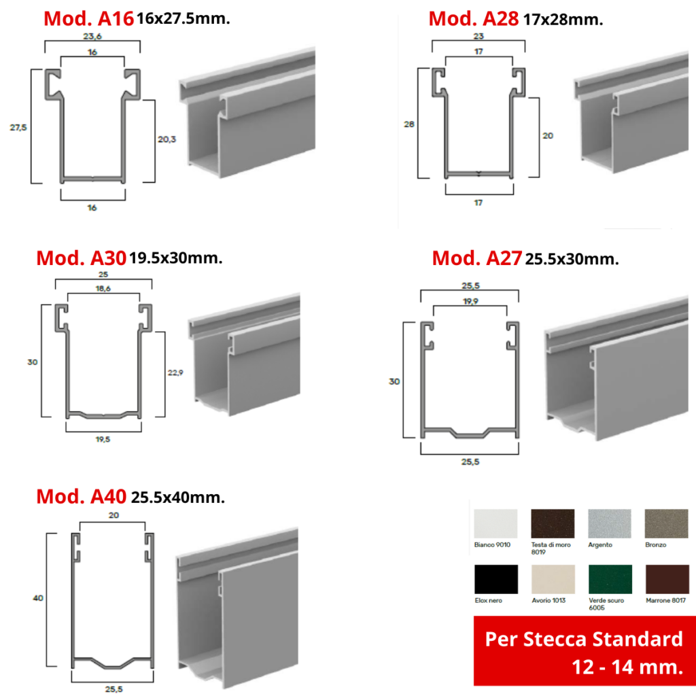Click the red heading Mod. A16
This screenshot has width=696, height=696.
coord(88,18)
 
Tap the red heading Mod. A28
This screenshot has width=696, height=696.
coord(473,18)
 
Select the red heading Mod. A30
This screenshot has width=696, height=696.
coord(82,258)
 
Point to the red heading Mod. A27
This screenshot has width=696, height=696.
coord(476,258)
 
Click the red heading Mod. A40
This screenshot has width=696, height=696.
coord(82,497)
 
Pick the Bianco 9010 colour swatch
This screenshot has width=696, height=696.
coord(495,523)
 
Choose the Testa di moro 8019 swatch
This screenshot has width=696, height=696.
coord(553,523)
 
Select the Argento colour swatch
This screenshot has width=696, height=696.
coord(610,523)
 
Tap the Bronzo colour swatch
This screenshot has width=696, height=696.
coord(666,523)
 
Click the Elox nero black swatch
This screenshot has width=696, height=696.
coord(495,579)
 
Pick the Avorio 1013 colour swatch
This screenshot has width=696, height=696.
coord(553,579)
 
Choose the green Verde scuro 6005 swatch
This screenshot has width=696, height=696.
coord(610,579)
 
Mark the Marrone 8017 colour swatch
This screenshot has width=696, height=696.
coord(667,579)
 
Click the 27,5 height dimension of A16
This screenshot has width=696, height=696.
coord(18,127)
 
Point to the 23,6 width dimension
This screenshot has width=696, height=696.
coord(92,36)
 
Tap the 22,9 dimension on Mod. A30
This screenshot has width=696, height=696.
coord(175,372)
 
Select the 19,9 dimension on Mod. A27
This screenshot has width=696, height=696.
coord(470,301)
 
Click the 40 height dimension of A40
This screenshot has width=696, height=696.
coord(38,598)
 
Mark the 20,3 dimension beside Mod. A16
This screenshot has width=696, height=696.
coord(167,139)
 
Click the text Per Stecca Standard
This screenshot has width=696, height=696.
coord(584,639)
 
